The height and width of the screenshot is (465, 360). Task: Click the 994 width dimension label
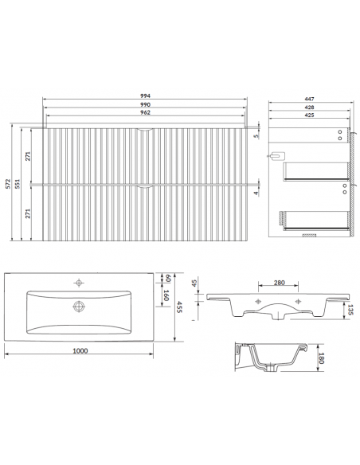pos(145,96)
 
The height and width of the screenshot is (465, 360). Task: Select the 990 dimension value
pos(145,104)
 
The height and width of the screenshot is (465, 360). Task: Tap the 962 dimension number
pos(145,112)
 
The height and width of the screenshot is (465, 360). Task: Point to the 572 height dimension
pos(8,184)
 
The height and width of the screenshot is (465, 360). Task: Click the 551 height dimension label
pos(18,184)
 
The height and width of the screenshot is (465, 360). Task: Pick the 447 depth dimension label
pos(309,99)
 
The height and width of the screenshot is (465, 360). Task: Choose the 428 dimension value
pos(309,107)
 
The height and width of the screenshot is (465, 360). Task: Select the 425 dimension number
pos(309,115)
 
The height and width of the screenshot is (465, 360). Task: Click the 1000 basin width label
pos(80,351)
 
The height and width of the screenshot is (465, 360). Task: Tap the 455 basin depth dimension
pos(179,307)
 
